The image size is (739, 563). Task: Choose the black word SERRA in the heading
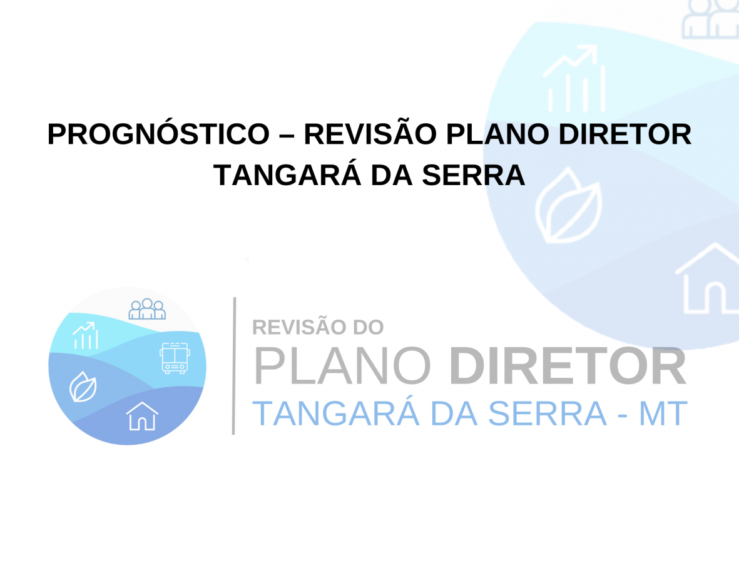point(473,175)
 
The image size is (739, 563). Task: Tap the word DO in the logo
point(369,327)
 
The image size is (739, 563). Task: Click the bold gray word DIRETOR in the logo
point(568,366)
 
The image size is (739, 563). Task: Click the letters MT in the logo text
point(663,413)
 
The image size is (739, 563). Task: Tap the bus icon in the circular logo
point(175,358)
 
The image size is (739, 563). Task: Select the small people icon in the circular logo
point(147,309)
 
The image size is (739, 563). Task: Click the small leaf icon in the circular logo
point(83,387)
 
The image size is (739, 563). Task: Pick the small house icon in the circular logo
point(142,416)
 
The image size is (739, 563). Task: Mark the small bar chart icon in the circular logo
point(85,335)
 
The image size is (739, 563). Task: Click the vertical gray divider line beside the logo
point(234,365)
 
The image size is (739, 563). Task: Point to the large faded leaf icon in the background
point(568,206)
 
